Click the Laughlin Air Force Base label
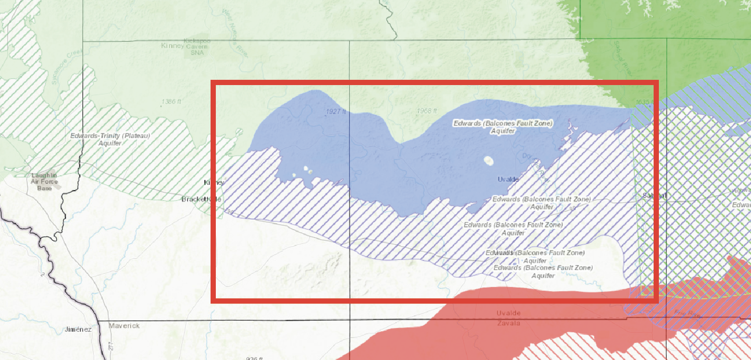tap(44, 182)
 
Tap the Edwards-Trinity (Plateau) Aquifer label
tap(110, 139)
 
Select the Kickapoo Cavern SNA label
tap(197, 46)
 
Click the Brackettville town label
tap(201, 199)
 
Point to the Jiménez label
tap(78, 329)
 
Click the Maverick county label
tap(124, 326)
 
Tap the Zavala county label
tap(508, 323)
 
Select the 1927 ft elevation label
tap(336, 111)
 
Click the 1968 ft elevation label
tap(427, 111)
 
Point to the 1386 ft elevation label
tap(171, 102)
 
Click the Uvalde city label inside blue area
tap(508, 179)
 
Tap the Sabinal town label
tap(654, 196)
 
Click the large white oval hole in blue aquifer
tap(488, 161)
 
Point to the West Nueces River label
tap(235, 33)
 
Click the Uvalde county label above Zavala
tap(508, 313)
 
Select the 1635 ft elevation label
tap(644, 102)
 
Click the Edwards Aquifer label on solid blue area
tap(503, 127)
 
